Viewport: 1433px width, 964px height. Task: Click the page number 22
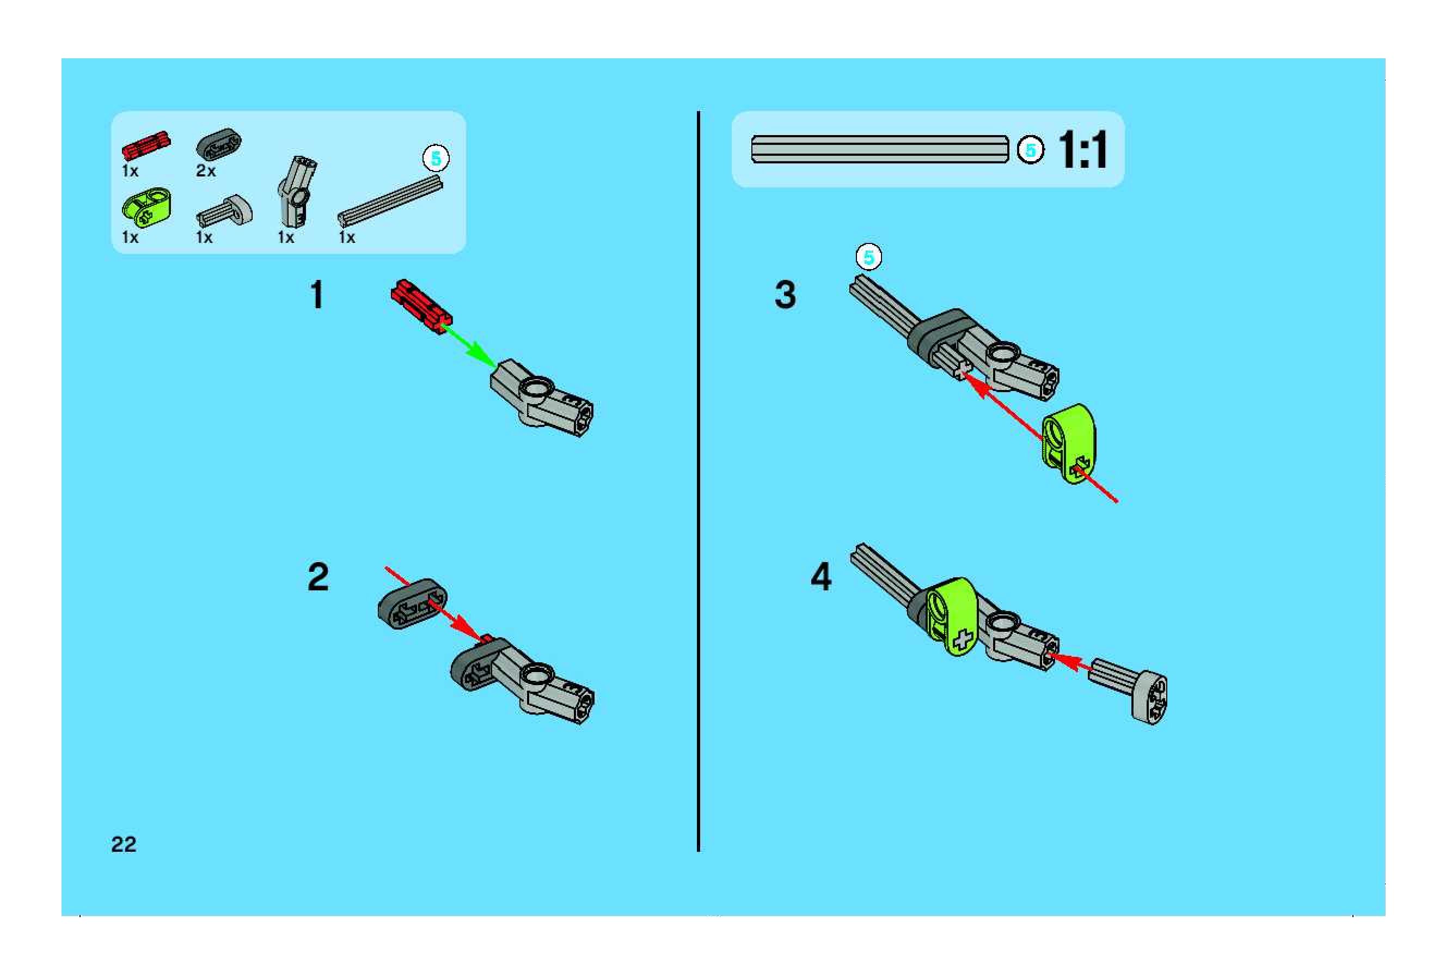124,844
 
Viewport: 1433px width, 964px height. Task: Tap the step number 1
317,295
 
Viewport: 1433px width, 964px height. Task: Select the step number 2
318,577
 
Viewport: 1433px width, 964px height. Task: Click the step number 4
821,577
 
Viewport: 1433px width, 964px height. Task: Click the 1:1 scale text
1082,149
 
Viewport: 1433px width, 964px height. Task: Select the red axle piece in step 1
421,306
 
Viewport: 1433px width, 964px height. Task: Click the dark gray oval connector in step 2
412,606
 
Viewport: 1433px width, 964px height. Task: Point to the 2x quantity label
206,170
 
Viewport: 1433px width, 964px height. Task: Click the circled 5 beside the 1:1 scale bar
1031,150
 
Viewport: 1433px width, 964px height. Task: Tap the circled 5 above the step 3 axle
869,258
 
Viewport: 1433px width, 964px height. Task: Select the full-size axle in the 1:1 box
880,149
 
